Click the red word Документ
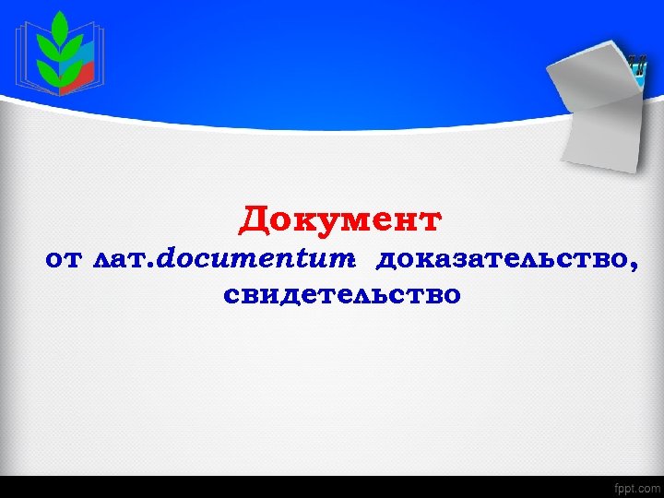point(340,221)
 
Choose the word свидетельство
point(340,296)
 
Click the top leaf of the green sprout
point(60,22)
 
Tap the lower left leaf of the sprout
point(45,68)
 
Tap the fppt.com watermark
point(636,486)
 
